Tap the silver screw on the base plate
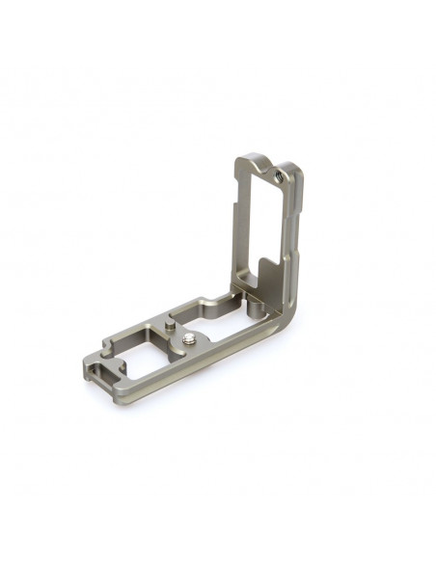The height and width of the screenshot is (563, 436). [x=186, y=337]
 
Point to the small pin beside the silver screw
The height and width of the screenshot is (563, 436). [x=170, y=331]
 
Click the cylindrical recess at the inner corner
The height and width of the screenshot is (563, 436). [x=252, y=306]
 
